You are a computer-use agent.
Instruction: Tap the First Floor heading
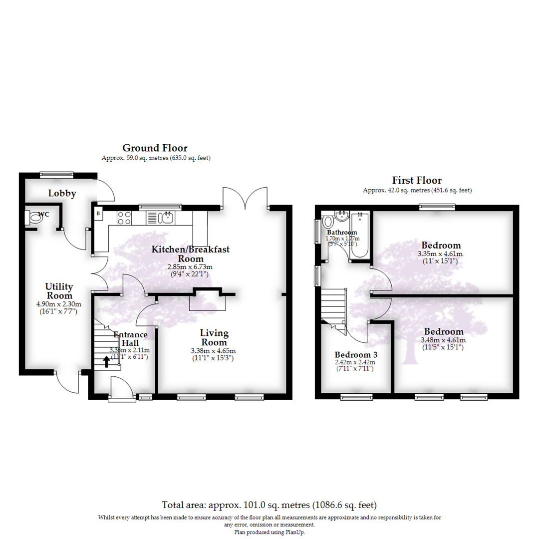tap(416, 180)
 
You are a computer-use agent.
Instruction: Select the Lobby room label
tap(62, 193)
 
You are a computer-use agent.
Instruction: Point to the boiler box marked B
tap(98, 214)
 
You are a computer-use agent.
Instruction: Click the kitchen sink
tap(166, 217)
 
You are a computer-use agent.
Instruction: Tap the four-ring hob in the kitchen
tap(124, 218)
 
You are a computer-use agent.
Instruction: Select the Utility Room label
tap(59, 291)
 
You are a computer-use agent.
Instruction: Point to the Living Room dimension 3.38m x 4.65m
tap(213, 351)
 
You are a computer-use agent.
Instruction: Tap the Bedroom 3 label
tap(355, 355)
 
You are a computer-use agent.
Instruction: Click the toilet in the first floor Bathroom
tap(328, 221)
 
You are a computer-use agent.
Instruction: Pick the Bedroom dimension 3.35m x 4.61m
tap(441, 254)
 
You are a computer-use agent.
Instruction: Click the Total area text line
tap(269, 505)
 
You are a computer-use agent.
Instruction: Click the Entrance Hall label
tap(130, 339)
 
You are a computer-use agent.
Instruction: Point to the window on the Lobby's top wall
tap(57, 175)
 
